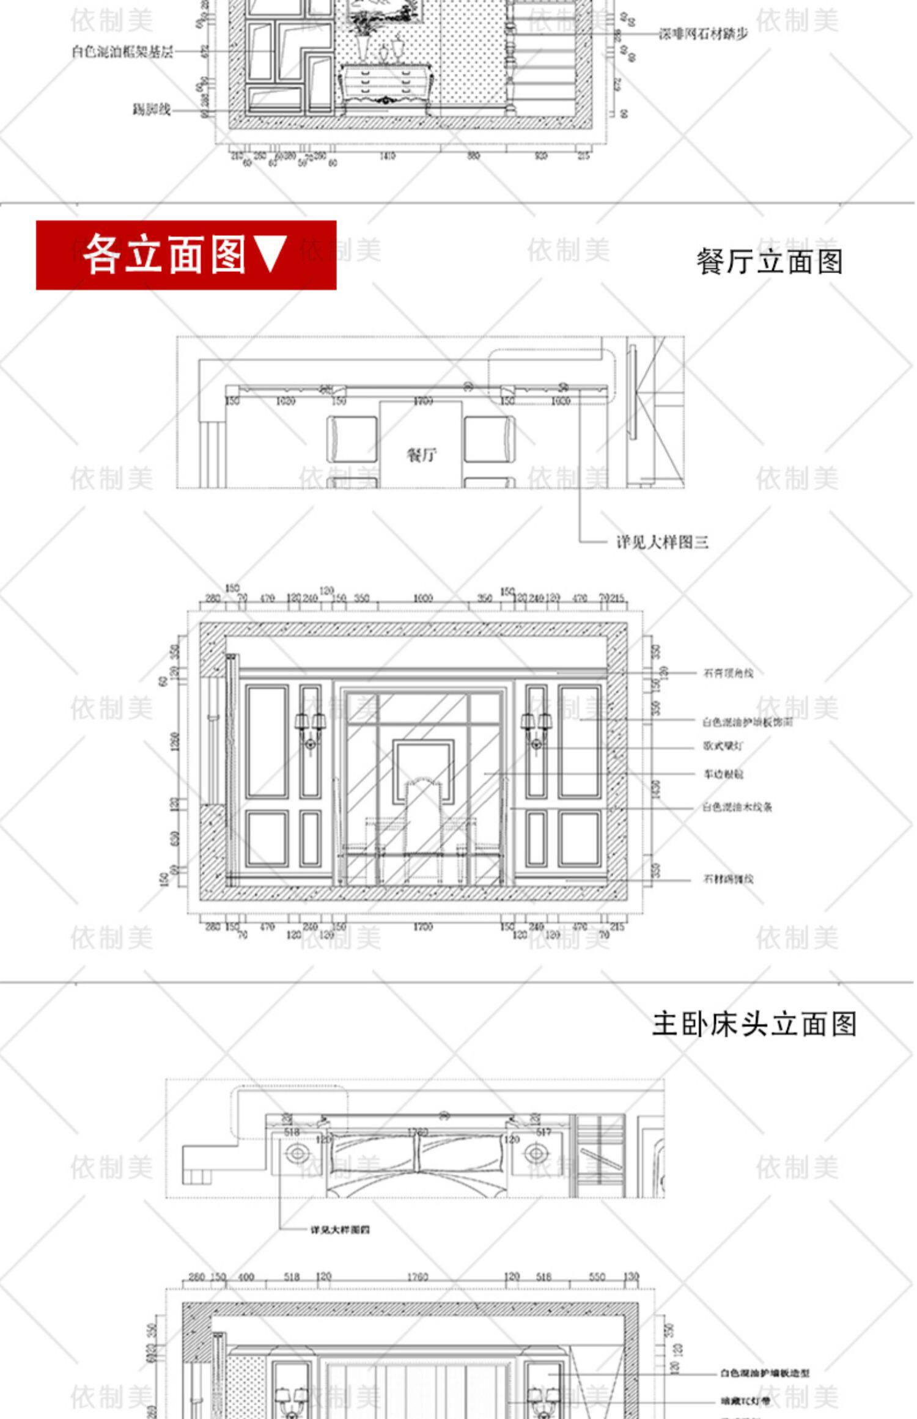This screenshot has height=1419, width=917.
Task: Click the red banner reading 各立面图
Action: [186, 255]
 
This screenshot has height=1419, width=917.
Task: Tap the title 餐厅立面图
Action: [770, 262]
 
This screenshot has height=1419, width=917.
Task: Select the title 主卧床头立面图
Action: [754, 1024]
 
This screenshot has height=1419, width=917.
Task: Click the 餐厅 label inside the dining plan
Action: [421, 455]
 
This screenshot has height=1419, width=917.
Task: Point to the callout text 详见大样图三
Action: [662, 542]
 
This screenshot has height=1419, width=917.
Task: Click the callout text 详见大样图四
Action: [340, 1229]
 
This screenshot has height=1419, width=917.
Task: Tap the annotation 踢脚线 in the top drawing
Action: [151, 110]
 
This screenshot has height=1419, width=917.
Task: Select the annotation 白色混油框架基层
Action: [122, 52]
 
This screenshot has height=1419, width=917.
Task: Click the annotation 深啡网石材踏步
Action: [703, 34]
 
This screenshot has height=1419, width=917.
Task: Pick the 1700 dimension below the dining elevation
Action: [422, 927]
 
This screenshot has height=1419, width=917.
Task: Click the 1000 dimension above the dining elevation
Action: [422, 598]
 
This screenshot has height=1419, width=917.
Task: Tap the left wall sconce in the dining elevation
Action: [311, 730]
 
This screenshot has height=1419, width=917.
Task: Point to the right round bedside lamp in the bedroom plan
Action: [536, 1154]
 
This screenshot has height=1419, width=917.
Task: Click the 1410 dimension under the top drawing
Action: [387, 156]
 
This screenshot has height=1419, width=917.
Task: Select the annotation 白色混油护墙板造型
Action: [764, 1373]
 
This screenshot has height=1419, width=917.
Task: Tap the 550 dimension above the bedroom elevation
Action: [597, 1277]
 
